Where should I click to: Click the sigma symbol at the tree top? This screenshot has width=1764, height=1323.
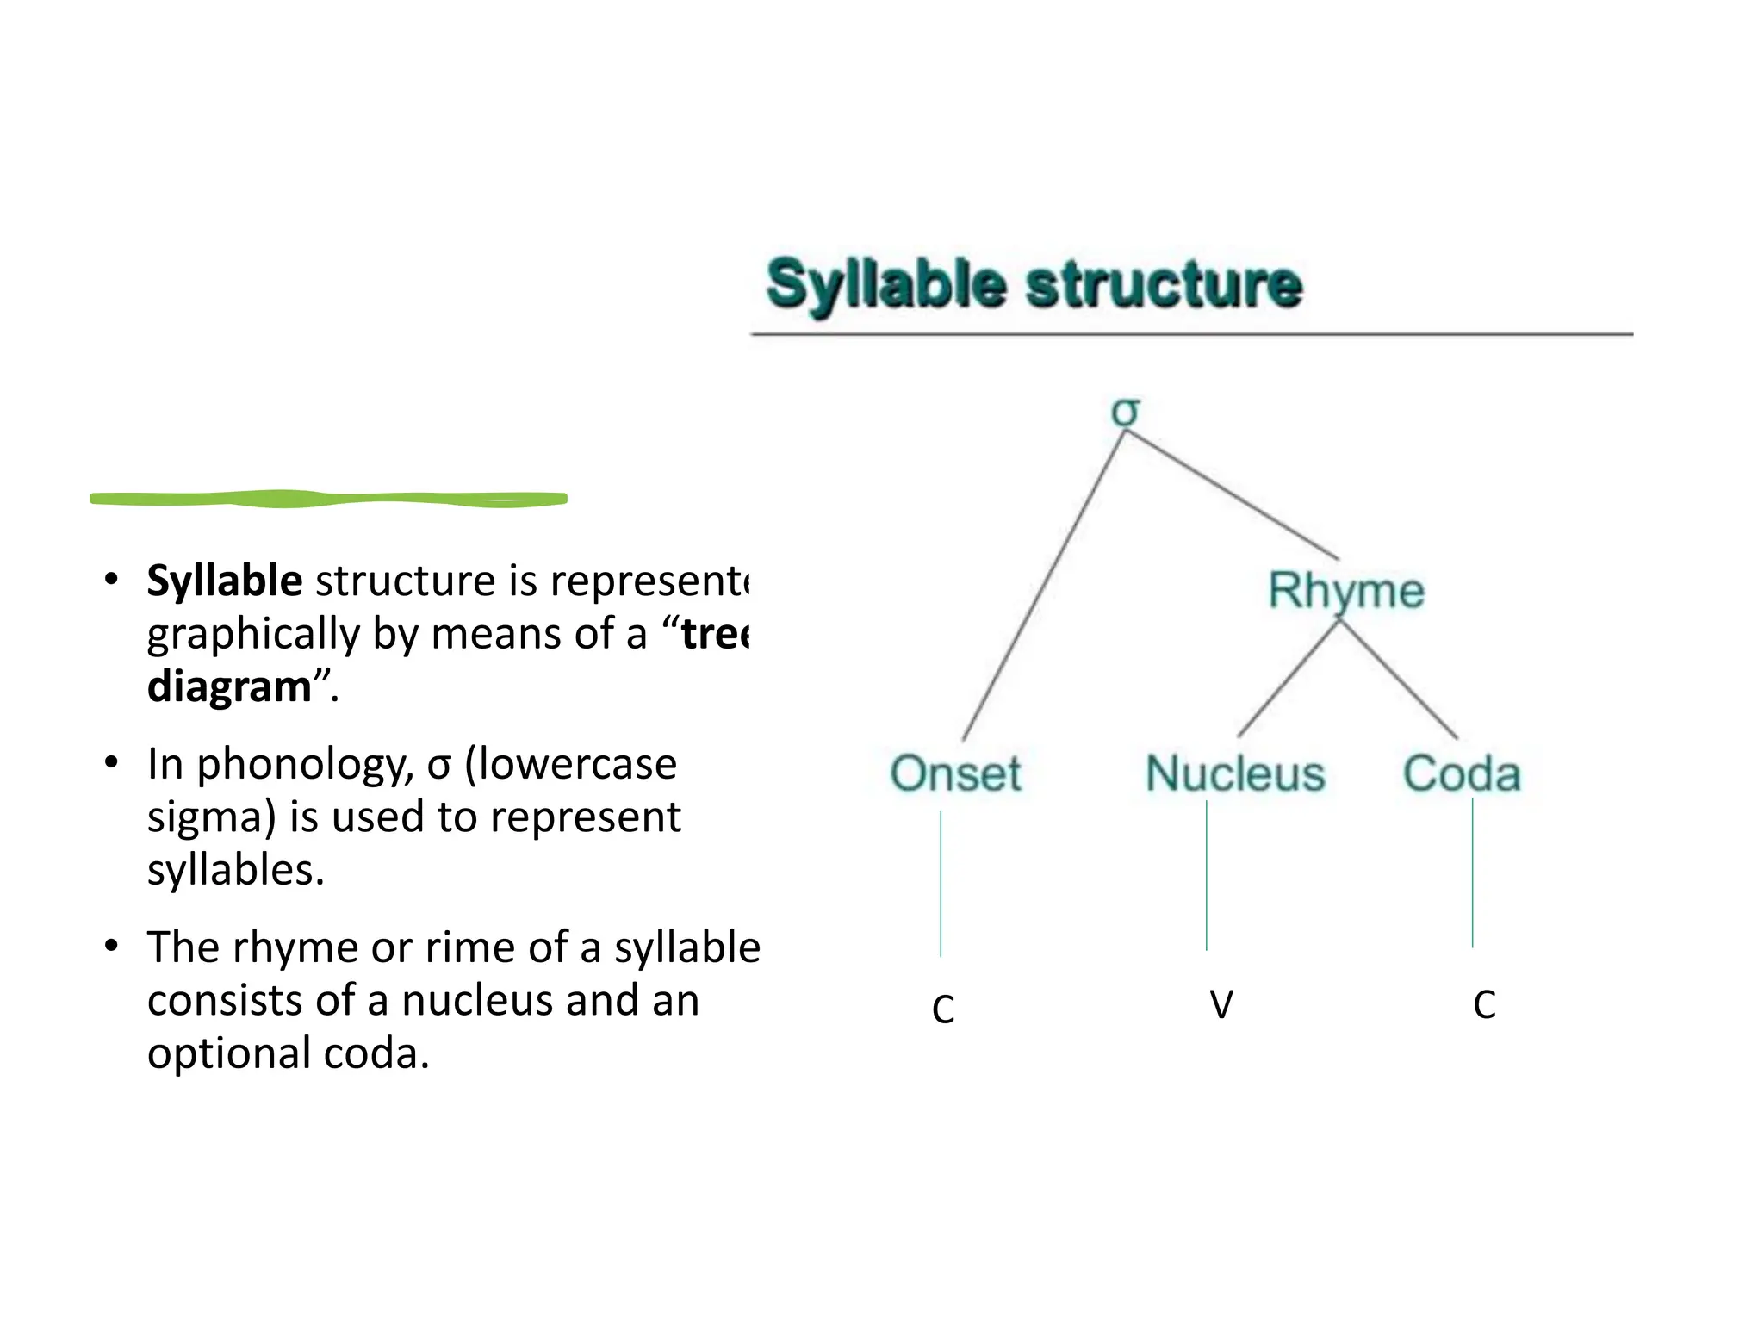click(1125, 412)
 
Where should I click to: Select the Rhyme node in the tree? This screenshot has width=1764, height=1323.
click(1345, 591)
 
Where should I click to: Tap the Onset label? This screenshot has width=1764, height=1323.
click(955, 773)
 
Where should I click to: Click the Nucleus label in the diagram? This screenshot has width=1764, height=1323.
click(1234, 773)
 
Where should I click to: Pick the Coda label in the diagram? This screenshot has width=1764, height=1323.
click(1462, 773)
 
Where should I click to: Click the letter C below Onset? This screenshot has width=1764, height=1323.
click(943, 1009)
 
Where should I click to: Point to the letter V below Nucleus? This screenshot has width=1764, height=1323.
click(1221, 1004)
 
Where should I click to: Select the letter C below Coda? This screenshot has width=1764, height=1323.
click(1484, 1004)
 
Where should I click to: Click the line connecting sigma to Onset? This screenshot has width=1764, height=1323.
click(1044, 586)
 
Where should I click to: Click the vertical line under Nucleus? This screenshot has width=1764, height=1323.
click(1207, 875)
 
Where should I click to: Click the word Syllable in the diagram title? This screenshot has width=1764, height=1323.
click(886, 284)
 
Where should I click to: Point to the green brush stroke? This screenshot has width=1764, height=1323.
click(328, 499)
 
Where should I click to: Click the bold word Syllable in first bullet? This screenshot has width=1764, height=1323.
click(224, 581)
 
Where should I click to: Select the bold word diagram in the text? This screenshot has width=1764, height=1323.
click(229, 686)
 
